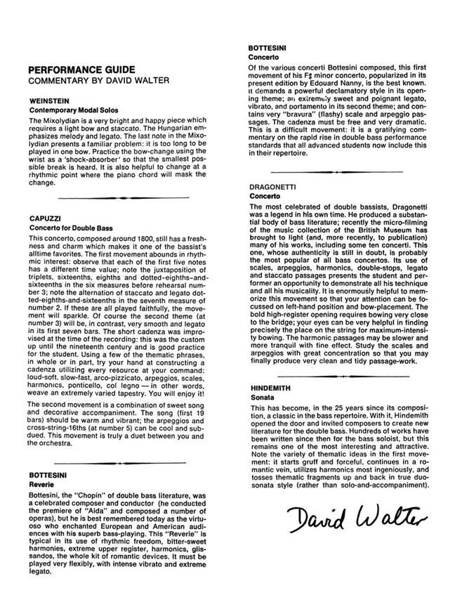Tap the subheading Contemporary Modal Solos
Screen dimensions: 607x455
pos(74,110)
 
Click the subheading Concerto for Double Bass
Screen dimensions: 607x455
pos(71,228)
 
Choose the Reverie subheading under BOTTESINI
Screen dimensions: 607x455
pos(41,485)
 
